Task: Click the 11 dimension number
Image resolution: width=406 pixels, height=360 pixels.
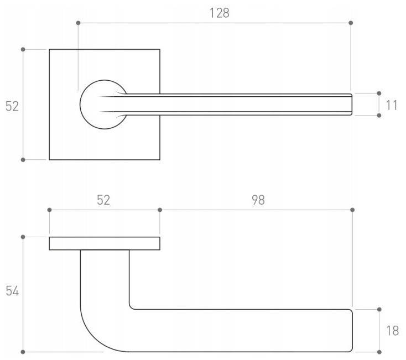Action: (x=392, y=105)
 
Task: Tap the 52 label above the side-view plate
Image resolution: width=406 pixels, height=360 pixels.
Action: (x=103, y=200)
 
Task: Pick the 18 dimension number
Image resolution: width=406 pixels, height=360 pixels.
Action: (x=392, y=331)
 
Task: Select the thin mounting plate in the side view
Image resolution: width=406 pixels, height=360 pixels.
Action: (x=105, y=243)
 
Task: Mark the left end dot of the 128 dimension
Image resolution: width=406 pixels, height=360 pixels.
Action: (x=78, y=23)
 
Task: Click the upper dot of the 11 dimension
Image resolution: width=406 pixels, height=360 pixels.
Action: (x=379, y=94)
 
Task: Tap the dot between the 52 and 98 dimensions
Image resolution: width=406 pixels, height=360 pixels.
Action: (x=160, y=210)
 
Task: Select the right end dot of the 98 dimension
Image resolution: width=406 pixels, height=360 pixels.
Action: (x=352, y=210)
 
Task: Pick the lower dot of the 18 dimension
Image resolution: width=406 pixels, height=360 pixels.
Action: (x=379, y=352)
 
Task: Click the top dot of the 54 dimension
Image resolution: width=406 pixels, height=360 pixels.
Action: (x=23, y=237)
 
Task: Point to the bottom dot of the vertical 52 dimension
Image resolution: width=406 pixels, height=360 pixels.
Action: (x=23, y=160)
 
